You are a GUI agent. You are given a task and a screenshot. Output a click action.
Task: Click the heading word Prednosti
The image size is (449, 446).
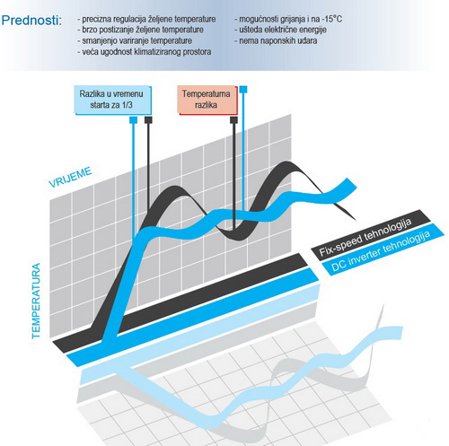(31, 21)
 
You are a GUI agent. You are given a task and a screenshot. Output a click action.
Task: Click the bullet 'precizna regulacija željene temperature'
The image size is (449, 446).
(146, 19)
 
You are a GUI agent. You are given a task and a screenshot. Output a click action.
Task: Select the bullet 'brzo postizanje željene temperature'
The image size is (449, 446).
(140, 30)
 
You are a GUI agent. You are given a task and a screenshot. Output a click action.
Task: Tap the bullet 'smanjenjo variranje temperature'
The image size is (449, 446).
(135, 40)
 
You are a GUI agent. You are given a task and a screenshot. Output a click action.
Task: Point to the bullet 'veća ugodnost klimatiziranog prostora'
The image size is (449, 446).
(145, 52)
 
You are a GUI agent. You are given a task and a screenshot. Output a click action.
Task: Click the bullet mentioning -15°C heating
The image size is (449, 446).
(288, 19)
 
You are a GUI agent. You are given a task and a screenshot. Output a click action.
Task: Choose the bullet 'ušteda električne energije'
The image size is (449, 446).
(280, 30)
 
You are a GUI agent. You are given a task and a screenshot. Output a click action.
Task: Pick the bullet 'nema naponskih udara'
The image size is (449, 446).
(276, 40)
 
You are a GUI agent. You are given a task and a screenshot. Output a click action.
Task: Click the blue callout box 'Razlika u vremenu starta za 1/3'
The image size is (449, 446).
(112, 100)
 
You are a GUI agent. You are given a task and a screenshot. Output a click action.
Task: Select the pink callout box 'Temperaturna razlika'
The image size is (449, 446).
(207, 100)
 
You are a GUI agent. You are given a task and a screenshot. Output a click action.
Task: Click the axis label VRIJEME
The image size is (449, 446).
(70, 177)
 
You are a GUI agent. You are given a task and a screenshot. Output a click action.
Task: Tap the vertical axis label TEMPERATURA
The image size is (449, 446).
(36, 301)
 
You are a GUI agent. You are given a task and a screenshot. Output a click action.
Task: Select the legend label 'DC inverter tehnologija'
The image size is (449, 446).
(381, 251)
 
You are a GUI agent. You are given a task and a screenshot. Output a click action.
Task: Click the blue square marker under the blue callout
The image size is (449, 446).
(133, 120)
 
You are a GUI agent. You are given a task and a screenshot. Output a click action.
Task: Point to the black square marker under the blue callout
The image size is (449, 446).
(148, 120)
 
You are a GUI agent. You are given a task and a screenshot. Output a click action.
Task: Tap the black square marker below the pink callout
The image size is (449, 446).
(233, 120)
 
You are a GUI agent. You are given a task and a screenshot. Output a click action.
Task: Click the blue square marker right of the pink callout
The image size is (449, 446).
(243, 89)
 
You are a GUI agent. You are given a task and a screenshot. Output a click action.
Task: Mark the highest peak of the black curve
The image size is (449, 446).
(288, 162)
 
